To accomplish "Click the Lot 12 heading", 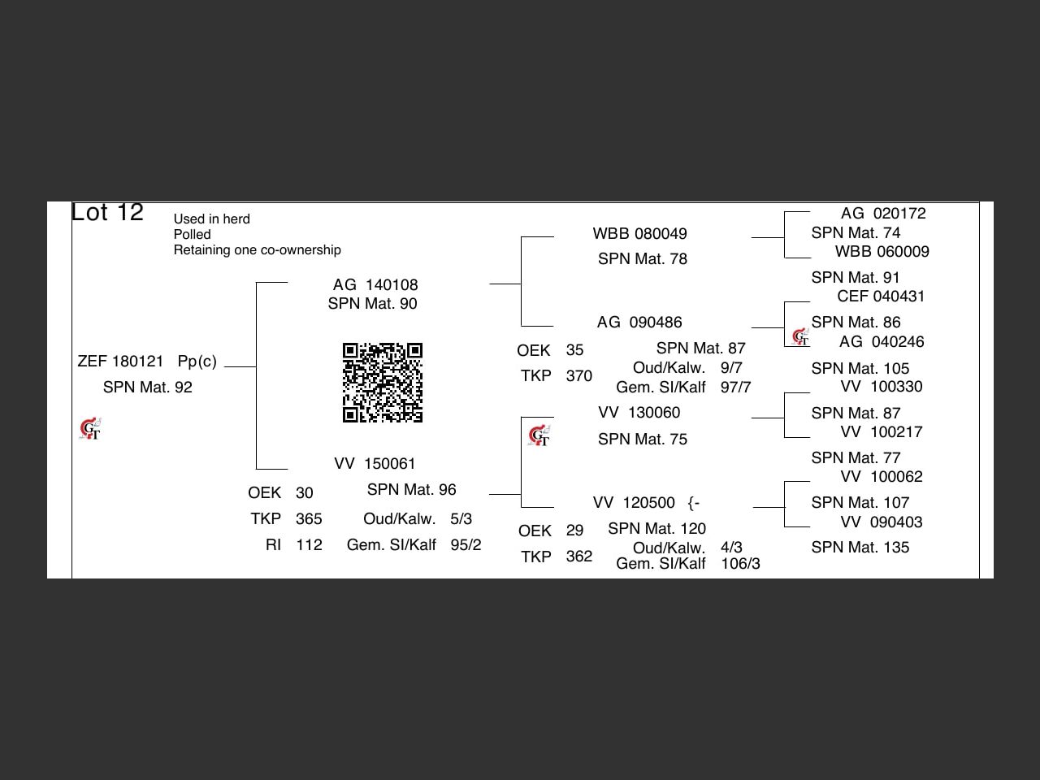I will point(107,212).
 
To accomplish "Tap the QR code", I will point(382,383).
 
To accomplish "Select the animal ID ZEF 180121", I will point(120,362).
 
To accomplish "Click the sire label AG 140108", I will point(375,285).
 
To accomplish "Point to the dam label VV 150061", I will point(375,464).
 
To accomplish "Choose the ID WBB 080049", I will point(639,234).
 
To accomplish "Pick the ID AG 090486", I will point(639,323).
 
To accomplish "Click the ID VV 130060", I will point(639,413).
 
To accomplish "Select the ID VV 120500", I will point(634,503).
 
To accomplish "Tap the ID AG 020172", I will point(883,214).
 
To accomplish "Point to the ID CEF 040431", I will point(881,297).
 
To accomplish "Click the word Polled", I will point(192,235).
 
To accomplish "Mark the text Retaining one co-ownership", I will point(257,250).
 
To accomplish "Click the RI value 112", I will point(309,545).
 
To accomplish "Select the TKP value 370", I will point(578,376).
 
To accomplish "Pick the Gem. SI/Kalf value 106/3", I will point(740,564).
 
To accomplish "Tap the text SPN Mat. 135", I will point(860,548).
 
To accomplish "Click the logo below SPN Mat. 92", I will point(90,428).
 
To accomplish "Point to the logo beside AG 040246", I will point(800,336).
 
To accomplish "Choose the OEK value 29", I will point(574,531).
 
